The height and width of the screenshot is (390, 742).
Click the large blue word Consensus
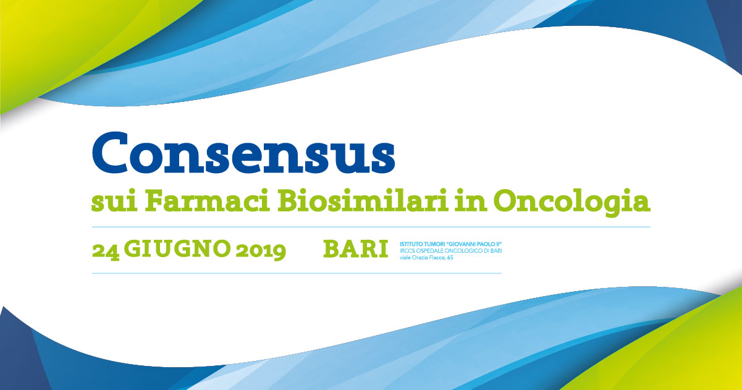pyautogui.click(x=243, y=153)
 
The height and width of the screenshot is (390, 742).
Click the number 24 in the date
pyautogui.click(x=106, y=251)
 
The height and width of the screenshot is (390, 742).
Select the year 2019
pyautogui.click(x=261, y=251)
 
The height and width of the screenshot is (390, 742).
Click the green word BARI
pyautogui.click(x=355, y=248)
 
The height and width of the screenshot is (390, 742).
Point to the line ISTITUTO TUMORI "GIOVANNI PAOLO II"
pyautogui.click(x=451, y=244)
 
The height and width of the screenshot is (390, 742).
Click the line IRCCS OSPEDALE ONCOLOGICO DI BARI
pyautogui.click(x=451, y=251)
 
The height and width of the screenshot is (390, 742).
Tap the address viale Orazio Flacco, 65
pyautogui.click(x=426, y=258)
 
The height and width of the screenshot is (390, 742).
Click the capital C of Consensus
pyautogui.click(x=111, y=153)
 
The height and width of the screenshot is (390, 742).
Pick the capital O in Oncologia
pyautogui.click(x=507, y=201)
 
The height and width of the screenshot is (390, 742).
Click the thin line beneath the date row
pyautogui.click(x=297, y=273)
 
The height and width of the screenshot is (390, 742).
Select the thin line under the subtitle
pyautogui.click(x=371, y=227)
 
